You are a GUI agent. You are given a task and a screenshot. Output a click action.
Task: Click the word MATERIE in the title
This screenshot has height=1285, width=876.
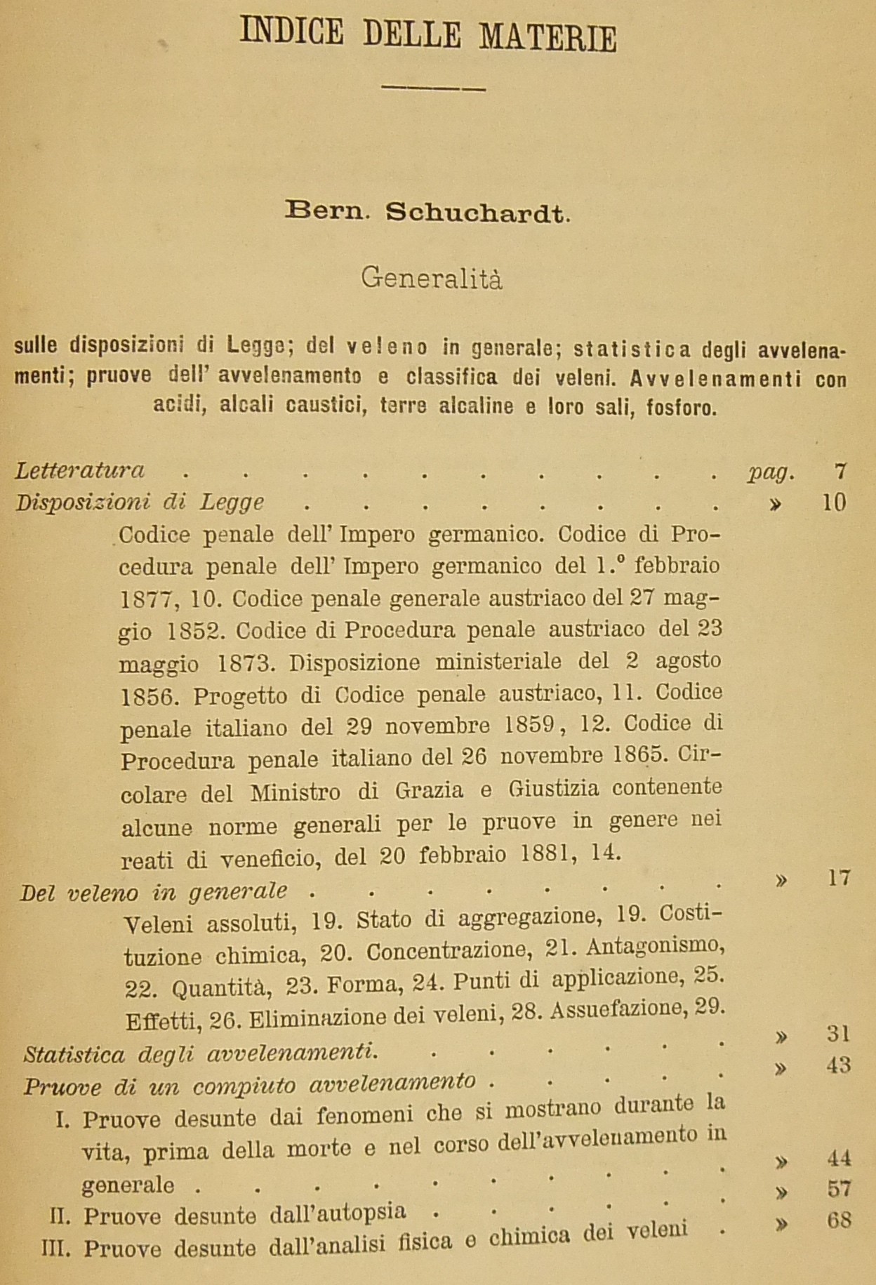547,36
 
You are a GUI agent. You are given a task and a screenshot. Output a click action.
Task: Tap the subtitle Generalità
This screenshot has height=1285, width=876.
432,279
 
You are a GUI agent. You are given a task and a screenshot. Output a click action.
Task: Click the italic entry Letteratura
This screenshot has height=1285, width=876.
79,470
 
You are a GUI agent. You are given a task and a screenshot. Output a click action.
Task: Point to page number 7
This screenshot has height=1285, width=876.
842,470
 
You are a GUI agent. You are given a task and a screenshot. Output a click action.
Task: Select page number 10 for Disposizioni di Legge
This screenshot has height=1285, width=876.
834,502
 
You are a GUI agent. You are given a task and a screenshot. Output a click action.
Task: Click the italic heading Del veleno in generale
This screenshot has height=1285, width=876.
154,891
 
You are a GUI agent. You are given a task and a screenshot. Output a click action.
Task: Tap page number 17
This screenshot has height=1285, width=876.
839,878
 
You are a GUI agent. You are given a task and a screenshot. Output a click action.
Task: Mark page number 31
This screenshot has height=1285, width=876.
838,1034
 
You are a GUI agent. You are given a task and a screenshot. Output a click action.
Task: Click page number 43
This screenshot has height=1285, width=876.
838,1065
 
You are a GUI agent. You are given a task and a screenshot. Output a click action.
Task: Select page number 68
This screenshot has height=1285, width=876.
839,1220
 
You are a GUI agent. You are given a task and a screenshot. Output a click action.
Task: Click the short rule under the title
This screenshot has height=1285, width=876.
433,88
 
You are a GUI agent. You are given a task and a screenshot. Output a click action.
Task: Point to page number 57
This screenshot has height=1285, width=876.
839,1188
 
